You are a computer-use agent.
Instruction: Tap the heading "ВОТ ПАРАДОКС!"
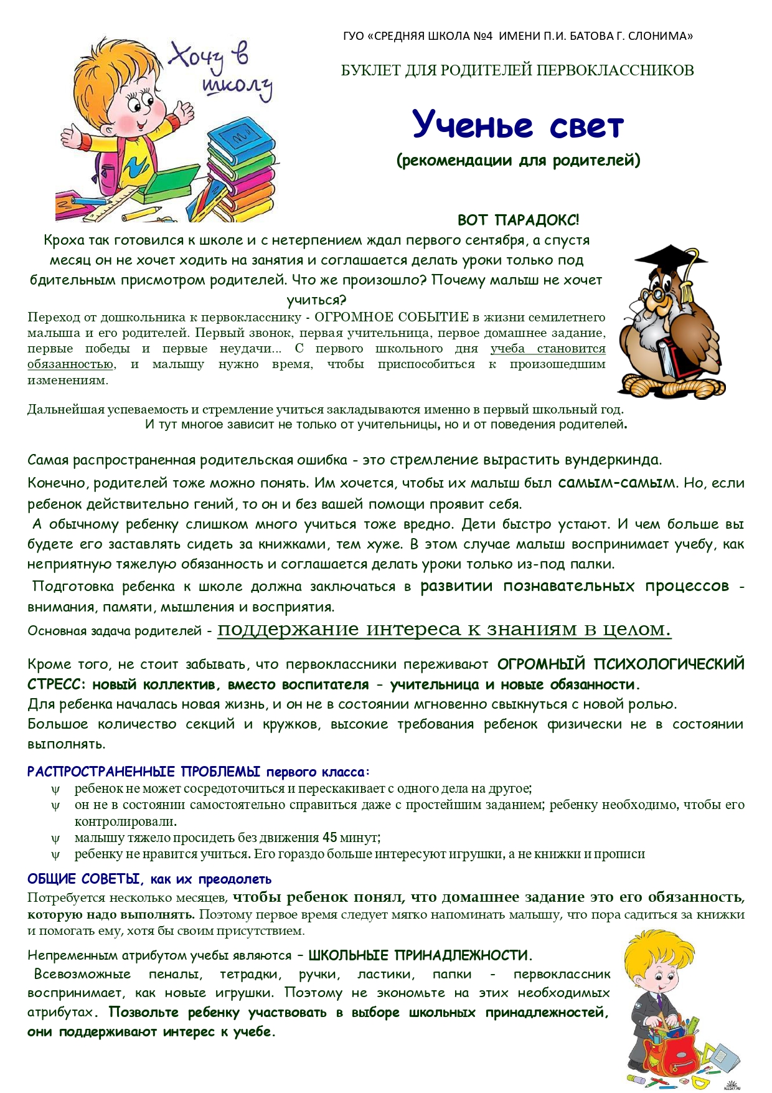(518, 220)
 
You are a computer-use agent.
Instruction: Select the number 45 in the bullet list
(330, 838)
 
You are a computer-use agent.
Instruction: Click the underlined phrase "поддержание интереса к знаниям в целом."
(444, 630)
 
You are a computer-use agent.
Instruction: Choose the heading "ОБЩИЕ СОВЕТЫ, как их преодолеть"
(149, 879)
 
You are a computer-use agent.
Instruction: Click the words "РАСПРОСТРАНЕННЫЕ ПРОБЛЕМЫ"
(144, 772)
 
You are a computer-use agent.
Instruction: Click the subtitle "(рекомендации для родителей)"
(518, 161)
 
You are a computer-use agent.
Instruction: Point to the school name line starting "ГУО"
(518, 36)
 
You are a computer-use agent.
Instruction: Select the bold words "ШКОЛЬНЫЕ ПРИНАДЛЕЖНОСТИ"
(418, 955)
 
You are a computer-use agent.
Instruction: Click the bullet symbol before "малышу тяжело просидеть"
(55, 838)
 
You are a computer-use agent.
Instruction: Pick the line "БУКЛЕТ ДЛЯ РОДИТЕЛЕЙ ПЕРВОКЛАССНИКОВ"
(517, 70)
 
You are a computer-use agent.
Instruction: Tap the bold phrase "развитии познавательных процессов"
(574, 586)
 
